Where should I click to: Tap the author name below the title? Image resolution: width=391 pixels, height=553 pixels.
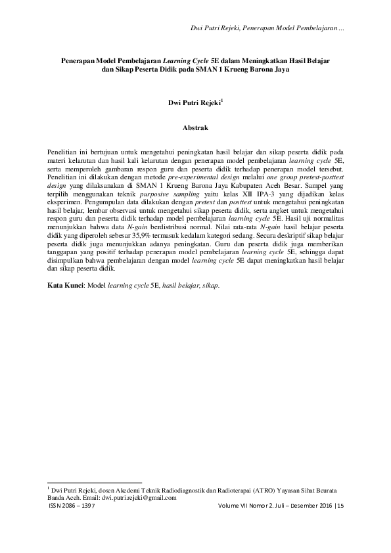coord(195,102)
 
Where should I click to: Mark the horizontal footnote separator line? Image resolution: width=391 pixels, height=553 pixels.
coord(95,482)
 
